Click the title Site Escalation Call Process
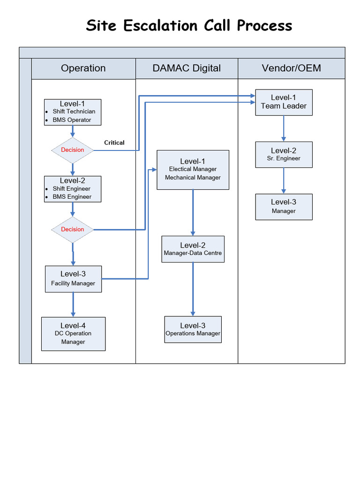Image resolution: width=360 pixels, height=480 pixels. click(x=189, y=25)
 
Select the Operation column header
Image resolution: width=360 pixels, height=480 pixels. click(x=83, y=68)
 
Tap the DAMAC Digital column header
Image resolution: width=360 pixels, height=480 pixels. click(x=187, y=68)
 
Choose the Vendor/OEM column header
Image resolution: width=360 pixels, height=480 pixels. click(x=291, y=68)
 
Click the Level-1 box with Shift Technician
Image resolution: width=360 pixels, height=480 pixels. click(x=73, y=112)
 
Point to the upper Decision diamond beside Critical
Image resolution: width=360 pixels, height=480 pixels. click(x=72, y=150)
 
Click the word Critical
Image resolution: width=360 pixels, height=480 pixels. click(x=114, y=142)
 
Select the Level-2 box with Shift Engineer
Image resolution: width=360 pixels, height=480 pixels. click(x=73, y=189)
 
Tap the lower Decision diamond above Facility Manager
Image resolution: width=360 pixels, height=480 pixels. click(x=72, y=229)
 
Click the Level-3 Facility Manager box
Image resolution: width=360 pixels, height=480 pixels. click(x=73, y=279)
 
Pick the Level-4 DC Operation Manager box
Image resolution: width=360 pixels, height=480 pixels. click(x=73, y=334)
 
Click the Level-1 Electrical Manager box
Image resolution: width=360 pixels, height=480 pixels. click(x=193, y=170)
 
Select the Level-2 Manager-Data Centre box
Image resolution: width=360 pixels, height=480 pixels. click(x=193, y=249)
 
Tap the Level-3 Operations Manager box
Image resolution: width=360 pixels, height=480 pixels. click(x=193, y=329)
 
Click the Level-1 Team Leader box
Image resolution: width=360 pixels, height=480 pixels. click(x=284, y=102)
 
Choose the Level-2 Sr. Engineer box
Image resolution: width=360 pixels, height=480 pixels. click(x=284, y=154)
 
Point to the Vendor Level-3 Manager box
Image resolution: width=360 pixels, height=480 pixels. click(x=284, y=207)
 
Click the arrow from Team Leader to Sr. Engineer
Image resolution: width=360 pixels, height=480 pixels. click(x=284, y=128)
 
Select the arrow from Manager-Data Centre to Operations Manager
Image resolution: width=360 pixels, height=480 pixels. click(x=193, y=289)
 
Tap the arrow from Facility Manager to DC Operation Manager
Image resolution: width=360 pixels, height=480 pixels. click(x=73, y=305)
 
